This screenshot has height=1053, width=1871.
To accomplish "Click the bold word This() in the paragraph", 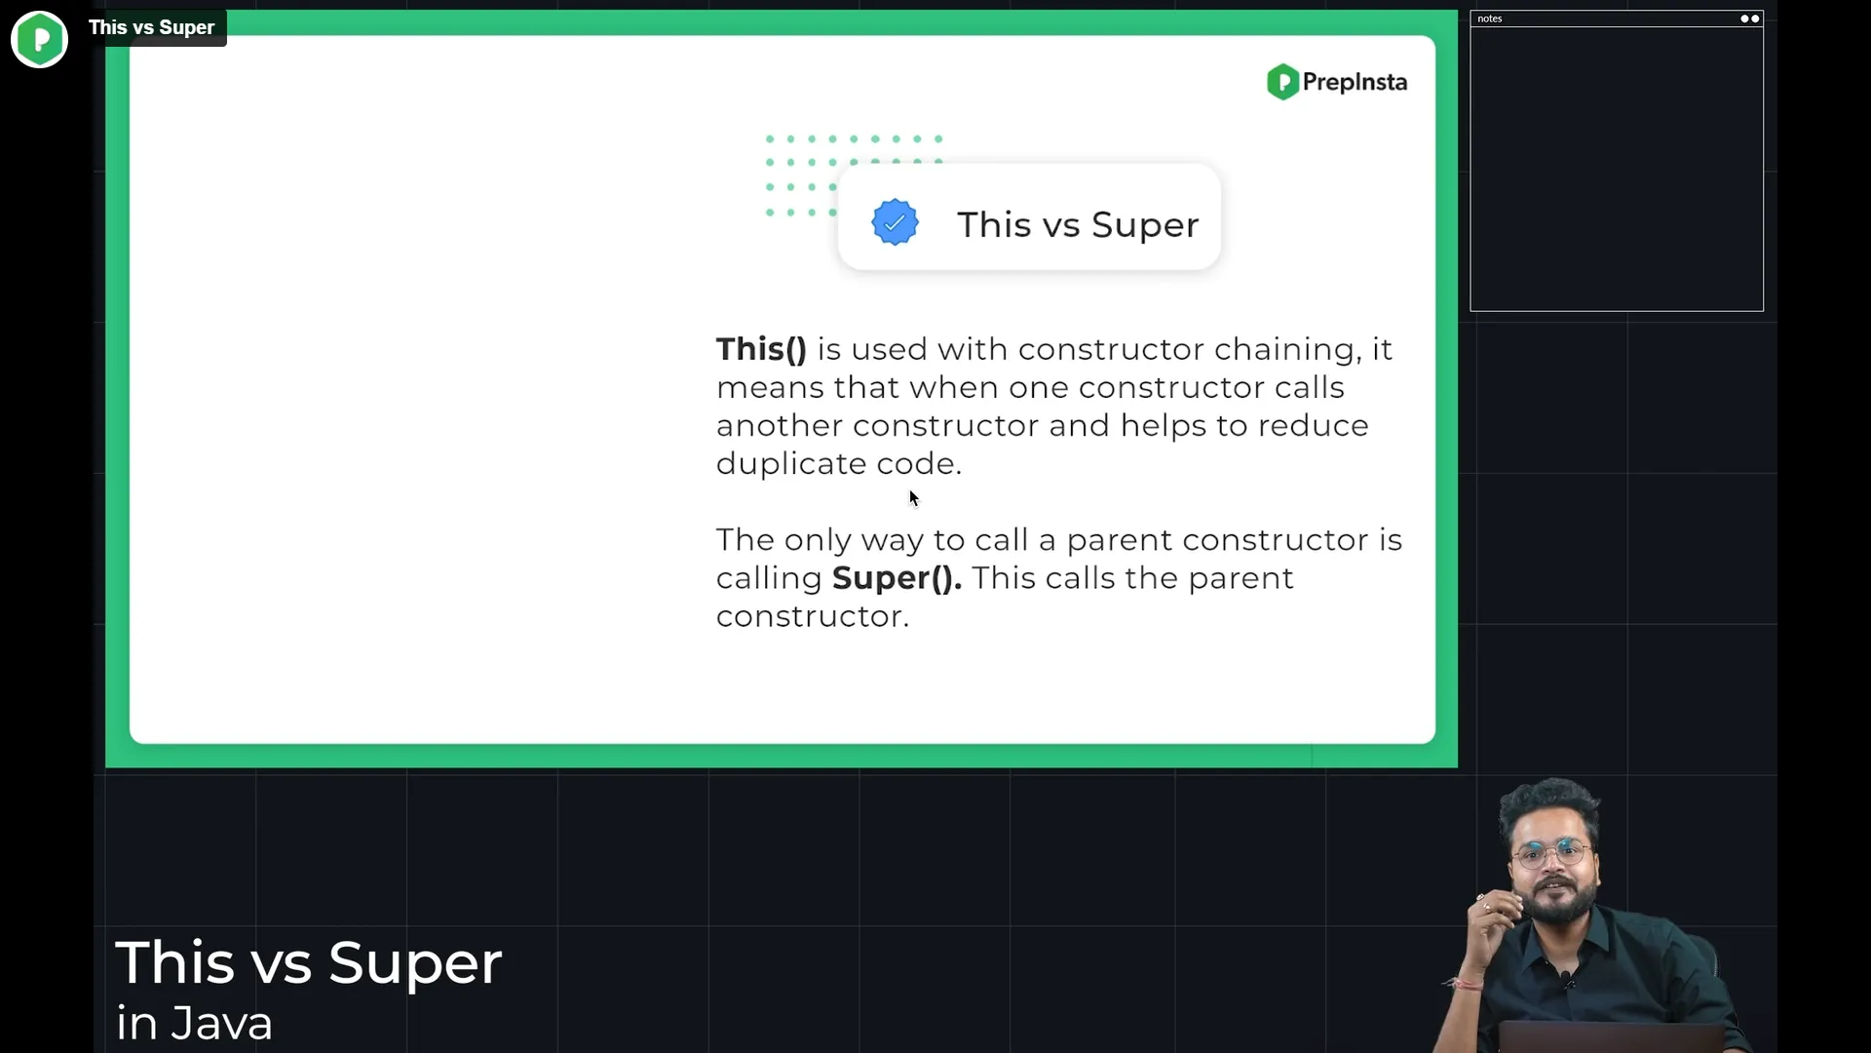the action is (x=761, y=349).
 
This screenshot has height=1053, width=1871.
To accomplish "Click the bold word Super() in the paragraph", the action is (x=897, y=578).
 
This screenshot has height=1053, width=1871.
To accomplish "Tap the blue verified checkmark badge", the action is (x=895, y=222).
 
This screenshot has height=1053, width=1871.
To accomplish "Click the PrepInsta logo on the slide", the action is (x=1336, y=82).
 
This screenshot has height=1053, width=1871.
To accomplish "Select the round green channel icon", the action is (x=39, y=39).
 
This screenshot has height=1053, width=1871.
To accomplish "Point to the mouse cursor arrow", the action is (x=913, y=498).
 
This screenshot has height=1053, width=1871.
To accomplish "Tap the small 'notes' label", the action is (x=1489, y=19).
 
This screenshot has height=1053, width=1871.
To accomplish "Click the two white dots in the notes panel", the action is (x=1750, y=19).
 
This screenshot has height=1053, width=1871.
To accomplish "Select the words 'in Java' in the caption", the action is (x=194, y=1024).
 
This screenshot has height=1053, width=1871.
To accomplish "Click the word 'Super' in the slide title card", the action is (x=1145, y=225).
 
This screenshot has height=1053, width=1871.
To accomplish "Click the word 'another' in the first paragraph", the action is (x=780, y=426).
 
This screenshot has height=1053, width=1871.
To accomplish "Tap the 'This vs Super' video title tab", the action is (x=152, y=27).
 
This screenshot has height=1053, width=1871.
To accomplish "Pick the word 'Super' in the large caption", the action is (x=415, y=963).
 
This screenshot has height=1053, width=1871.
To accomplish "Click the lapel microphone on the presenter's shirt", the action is (x=1566, y=977).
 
